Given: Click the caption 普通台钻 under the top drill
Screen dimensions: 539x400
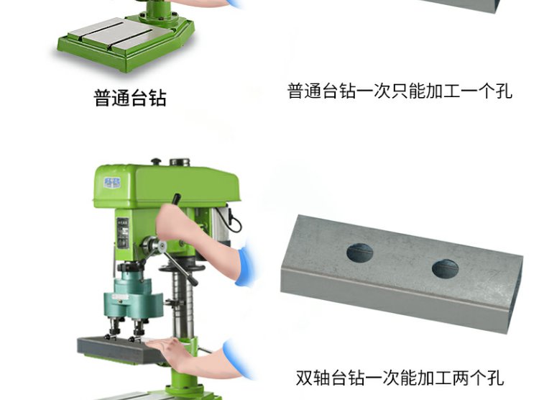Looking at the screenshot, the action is point(130,98).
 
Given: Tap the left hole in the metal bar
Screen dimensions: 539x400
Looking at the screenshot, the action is point(359,253).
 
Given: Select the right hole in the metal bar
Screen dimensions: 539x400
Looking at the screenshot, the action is point(445,268).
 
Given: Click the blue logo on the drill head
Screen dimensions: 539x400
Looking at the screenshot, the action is point(112,183).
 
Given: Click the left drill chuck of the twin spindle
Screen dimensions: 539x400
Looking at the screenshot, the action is point(114,327).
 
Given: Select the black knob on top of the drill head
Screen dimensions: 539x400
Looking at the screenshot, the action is point(156,161).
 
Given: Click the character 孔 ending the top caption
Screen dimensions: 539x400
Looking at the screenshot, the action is point(504,91).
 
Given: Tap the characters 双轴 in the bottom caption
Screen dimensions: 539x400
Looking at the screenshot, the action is point(313,378).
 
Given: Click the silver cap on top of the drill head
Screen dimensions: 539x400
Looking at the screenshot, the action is point(180,162).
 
